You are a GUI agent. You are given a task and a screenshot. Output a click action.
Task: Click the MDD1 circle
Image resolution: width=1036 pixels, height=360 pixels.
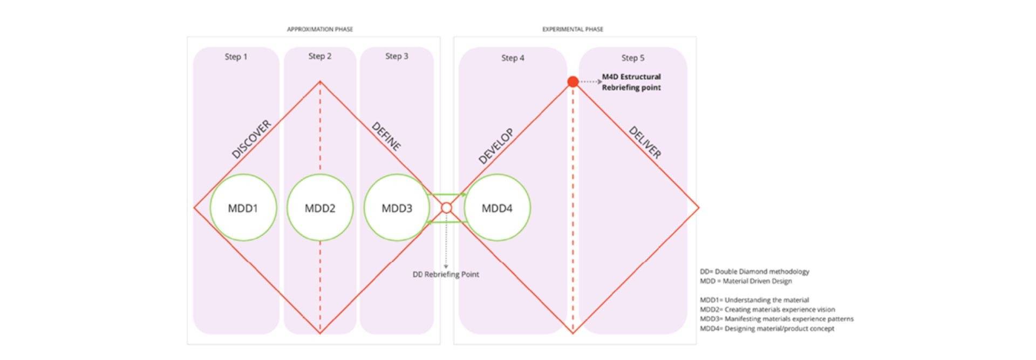pos(243,208)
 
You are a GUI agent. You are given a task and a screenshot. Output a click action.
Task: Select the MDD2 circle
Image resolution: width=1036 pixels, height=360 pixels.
pos(320,208)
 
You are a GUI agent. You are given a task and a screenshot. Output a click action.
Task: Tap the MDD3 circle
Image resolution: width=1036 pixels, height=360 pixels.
pos(397,208)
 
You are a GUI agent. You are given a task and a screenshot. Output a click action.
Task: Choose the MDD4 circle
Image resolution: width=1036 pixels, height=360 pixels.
pos(497,208)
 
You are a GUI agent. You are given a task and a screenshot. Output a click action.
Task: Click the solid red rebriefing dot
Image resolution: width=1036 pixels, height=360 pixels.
pos(573,81)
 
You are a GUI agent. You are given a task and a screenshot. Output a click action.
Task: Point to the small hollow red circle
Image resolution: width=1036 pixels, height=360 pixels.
pos(446,208)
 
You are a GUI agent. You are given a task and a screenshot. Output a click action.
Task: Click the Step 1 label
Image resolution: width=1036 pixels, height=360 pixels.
pos(236,57)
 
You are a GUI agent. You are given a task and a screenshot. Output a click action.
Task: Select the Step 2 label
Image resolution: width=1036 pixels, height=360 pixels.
pos(320,56)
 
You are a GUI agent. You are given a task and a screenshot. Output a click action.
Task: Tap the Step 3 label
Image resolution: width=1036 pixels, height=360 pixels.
pos(397,56)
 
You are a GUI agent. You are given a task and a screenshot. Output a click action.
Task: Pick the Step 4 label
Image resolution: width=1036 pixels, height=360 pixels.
pos(513,58)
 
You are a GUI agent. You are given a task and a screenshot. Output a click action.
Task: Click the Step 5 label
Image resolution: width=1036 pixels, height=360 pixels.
pos(632,58)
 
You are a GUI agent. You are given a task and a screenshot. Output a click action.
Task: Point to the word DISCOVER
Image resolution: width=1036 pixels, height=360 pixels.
pos(251,139)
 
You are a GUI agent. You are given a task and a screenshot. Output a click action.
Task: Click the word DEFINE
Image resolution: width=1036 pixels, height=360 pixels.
pos(386,137)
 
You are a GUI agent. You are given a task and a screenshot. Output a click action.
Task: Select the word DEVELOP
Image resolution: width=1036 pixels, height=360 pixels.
pos(496,146)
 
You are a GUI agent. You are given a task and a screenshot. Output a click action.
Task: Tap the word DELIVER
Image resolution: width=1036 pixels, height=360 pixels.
pos(645,142)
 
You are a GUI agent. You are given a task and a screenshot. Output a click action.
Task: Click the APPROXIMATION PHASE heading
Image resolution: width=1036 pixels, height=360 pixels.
pos(320,29)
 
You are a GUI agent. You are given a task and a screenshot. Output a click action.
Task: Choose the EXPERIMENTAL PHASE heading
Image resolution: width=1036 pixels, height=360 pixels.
pos(572,29)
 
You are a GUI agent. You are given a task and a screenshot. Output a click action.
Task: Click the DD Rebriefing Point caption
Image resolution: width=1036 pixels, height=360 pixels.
pos(446,274)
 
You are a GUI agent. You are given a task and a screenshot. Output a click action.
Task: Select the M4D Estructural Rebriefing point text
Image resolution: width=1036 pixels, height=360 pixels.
pos(631,82)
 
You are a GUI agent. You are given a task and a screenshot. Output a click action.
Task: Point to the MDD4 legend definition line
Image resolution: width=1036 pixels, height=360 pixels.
pos(767,328)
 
